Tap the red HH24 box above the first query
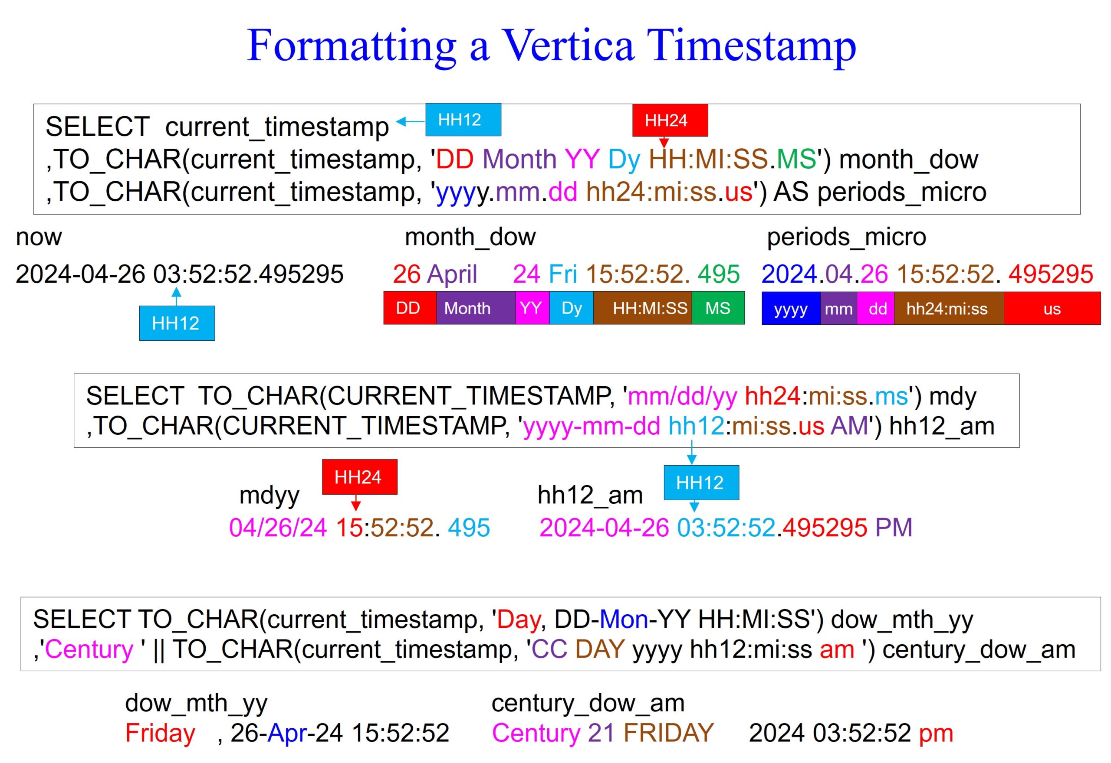(x=669, y=121)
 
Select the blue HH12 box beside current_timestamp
(x=463, y=120)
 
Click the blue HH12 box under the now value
(x=177, y=323)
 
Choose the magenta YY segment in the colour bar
(x=532, y=308)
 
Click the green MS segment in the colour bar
(x=717, y=308)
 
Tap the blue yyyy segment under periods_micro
(x=790, y=309)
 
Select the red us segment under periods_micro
(x=1051, y=309)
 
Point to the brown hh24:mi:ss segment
(x=947, y=309)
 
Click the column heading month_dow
(x=470, y=237)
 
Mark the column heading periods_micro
(x=846, y=237)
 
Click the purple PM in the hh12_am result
(x=893, y=528)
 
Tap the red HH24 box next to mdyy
(x=359, y=476)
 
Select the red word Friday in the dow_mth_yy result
(x=160, y=733)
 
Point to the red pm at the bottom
(x=935, y=734)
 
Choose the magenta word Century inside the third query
(x=89, y=649)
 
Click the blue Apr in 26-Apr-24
(x=287, y=734)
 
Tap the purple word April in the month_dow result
(x=452, y=274)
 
